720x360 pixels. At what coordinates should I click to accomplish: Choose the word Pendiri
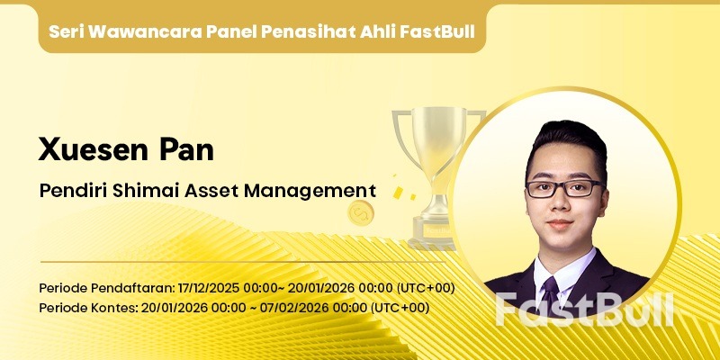coord(69,191)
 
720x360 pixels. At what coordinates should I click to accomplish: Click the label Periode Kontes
coord(85,308)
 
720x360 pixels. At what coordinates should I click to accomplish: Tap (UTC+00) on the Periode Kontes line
coord(400,308)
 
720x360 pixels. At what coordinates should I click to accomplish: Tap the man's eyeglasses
coord(564,188)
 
